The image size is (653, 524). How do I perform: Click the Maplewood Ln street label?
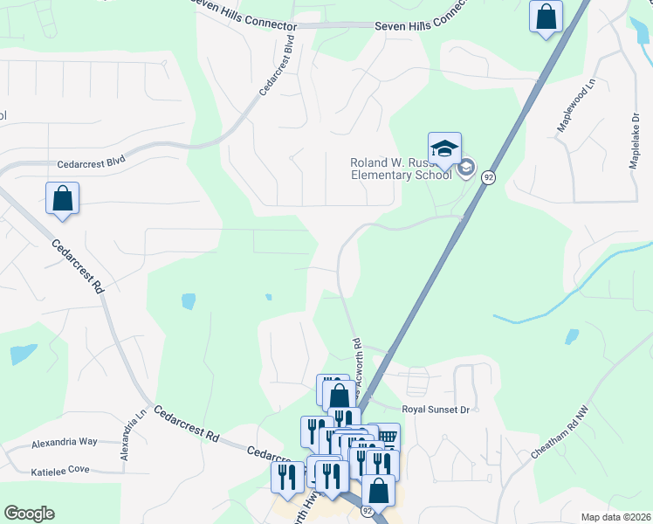point(576,110)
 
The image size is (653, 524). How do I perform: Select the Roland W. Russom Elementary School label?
point(401,169)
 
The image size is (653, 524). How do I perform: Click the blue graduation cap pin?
point(444,148)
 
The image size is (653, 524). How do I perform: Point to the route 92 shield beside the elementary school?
point(489,177)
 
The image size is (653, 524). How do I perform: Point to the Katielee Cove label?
point(60,470)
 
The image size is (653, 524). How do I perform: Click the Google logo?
point(29,514)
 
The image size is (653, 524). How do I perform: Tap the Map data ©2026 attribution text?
point(615,517)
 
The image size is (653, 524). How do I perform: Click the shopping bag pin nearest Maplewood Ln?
point(546,17)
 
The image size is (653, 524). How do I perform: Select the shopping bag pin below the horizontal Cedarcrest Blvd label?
point(63,198)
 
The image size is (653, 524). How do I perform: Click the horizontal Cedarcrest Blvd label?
point(92,162)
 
